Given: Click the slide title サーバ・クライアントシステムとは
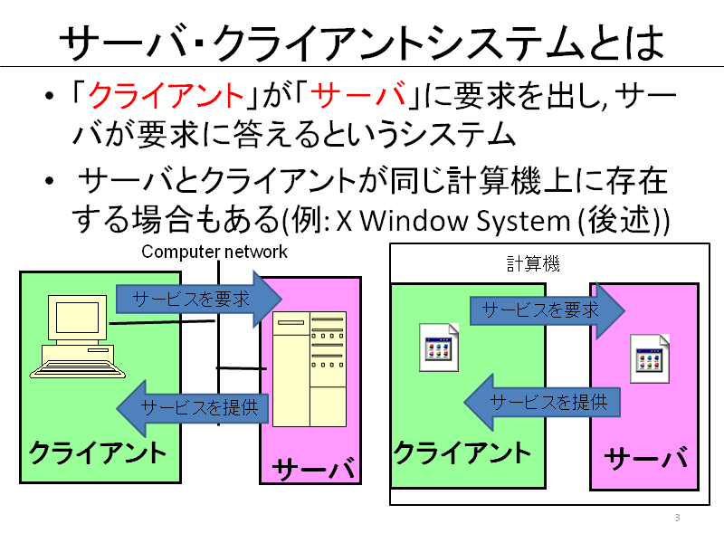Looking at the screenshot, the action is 362,43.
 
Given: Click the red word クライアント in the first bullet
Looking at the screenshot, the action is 167,96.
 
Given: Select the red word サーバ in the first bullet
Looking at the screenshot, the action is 358,96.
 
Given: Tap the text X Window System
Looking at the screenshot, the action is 453,220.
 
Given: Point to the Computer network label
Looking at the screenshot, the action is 214,252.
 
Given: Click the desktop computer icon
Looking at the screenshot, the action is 77,337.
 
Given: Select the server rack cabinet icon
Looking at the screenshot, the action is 310,369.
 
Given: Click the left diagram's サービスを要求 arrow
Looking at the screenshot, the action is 198,300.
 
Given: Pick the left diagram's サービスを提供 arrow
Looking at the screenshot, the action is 193,408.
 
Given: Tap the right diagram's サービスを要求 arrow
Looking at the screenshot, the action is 548,310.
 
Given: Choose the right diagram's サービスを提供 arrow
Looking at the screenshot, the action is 542,402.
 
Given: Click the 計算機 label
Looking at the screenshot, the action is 533,264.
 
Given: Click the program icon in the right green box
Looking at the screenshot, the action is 439,348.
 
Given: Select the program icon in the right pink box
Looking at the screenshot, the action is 650,359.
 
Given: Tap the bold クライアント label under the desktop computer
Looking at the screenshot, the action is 98,452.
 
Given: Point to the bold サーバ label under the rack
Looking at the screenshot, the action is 313,469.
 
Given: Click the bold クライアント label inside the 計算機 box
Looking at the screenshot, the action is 462,452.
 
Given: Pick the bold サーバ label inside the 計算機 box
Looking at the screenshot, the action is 646,458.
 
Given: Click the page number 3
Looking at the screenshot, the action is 677,518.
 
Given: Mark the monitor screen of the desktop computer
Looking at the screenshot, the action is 77,318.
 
